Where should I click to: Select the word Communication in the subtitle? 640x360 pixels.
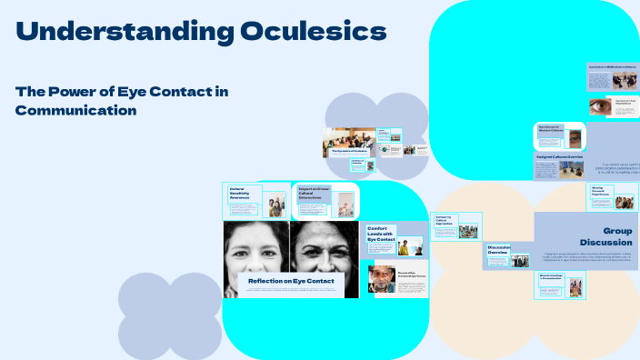[75, 110]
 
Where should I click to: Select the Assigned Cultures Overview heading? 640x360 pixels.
[559, 158]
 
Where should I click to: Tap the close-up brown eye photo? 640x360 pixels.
[599, 106]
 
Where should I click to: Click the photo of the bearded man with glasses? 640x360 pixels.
[382, 278]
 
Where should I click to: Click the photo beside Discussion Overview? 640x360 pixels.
[520, 261]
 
